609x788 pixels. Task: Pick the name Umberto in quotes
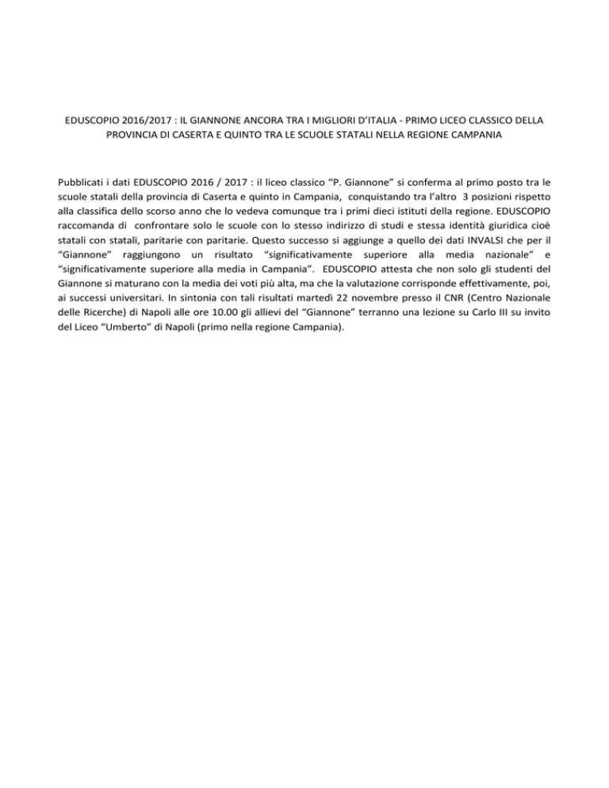coord(147,331)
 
